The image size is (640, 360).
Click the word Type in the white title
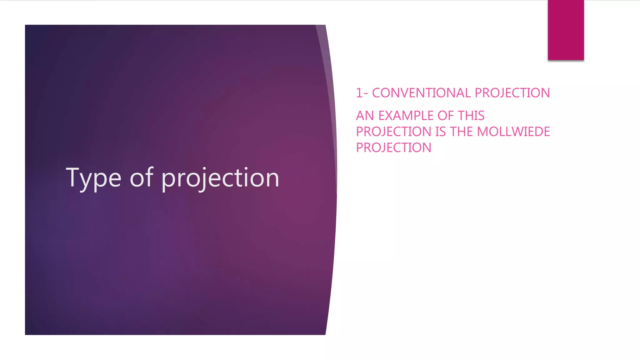(x=93, y=178)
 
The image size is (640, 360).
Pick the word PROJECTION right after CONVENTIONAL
(x=512, y=93)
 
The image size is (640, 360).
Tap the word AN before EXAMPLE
(x=365, y=116)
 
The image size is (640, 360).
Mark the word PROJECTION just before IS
(x=394, y=132)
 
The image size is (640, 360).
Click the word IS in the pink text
(x=441, y=132)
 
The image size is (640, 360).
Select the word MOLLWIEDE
(x=513, y=132)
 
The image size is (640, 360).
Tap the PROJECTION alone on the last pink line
(x=394, y=148)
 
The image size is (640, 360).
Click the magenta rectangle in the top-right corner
(x=566, y=30)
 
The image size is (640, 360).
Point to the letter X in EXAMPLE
(x=391, y=116)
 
